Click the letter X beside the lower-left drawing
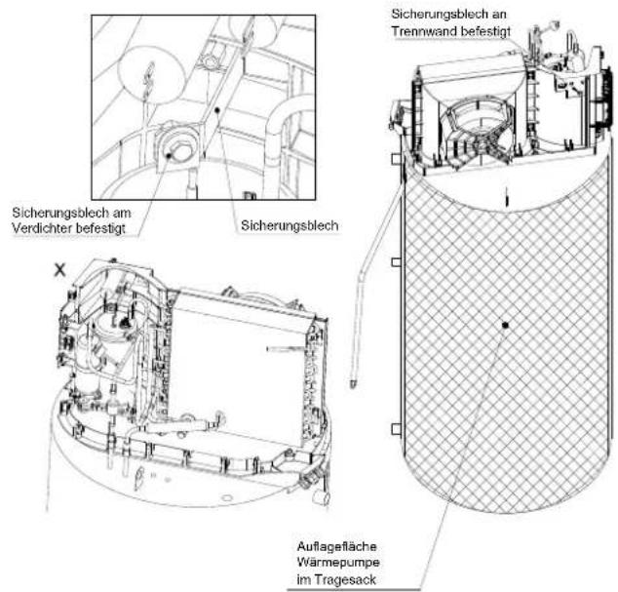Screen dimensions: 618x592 (x=59, y=270)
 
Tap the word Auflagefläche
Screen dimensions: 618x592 (x=337, y=546)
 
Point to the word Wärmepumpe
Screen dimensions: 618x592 (x=338, y=563)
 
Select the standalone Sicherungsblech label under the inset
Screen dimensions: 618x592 (x=290, y=225)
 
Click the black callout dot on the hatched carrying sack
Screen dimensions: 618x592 (x=505, y=325)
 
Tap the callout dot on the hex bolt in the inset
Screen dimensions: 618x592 (x=169, y=156)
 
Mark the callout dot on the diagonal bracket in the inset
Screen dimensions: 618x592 (x=216, y=111)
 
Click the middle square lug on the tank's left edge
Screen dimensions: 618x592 (x=396, y=262)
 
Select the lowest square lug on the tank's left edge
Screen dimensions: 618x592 (x=396, y=429)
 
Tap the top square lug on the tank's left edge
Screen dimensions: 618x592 (x=396, y=159)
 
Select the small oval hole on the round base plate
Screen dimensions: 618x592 (x=226, y=498)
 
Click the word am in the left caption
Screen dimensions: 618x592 (x=122, y=213)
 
